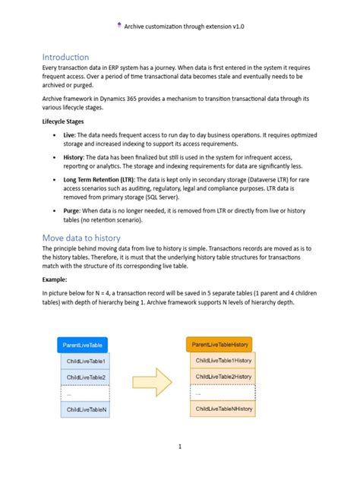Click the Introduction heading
pos(65,57)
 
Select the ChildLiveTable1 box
pos(86,361)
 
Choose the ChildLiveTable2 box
pos(86,377)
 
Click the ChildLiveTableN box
pos(86,410)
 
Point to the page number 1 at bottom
pos(180,447)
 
